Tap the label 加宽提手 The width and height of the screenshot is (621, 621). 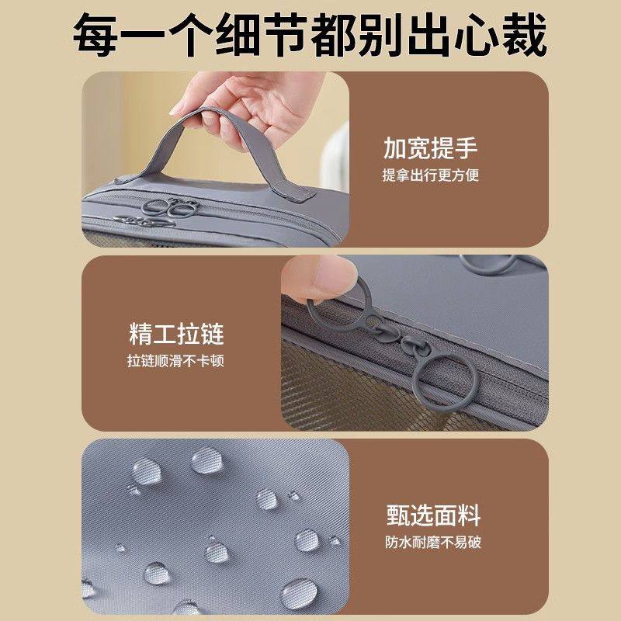(x=430, y=147)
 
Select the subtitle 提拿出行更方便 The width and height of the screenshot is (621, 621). (x=430, y=175)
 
